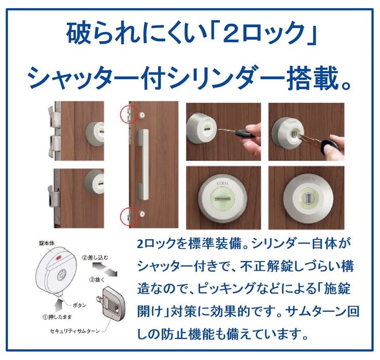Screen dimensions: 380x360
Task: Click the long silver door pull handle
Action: click(143, 165)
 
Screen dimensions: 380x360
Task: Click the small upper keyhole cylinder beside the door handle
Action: click(142, 114)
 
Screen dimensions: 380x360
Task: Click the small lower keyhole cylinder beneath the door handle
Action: click(142, 214)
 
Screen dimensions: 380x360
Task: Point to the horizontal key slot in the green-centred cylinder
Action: click(223, 199)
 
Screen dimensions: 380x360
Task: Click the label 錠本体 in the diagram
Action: click(47, 243)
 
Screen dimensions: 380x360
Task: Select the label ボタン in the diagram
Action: click(80, 305)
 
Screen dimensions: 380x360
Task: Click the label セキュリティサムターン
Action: click(74, 331)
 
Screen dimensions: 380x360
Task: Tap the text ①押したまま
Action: click(57, 317)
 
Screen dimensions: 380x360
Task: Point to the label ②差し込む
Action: click(95, 258)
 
